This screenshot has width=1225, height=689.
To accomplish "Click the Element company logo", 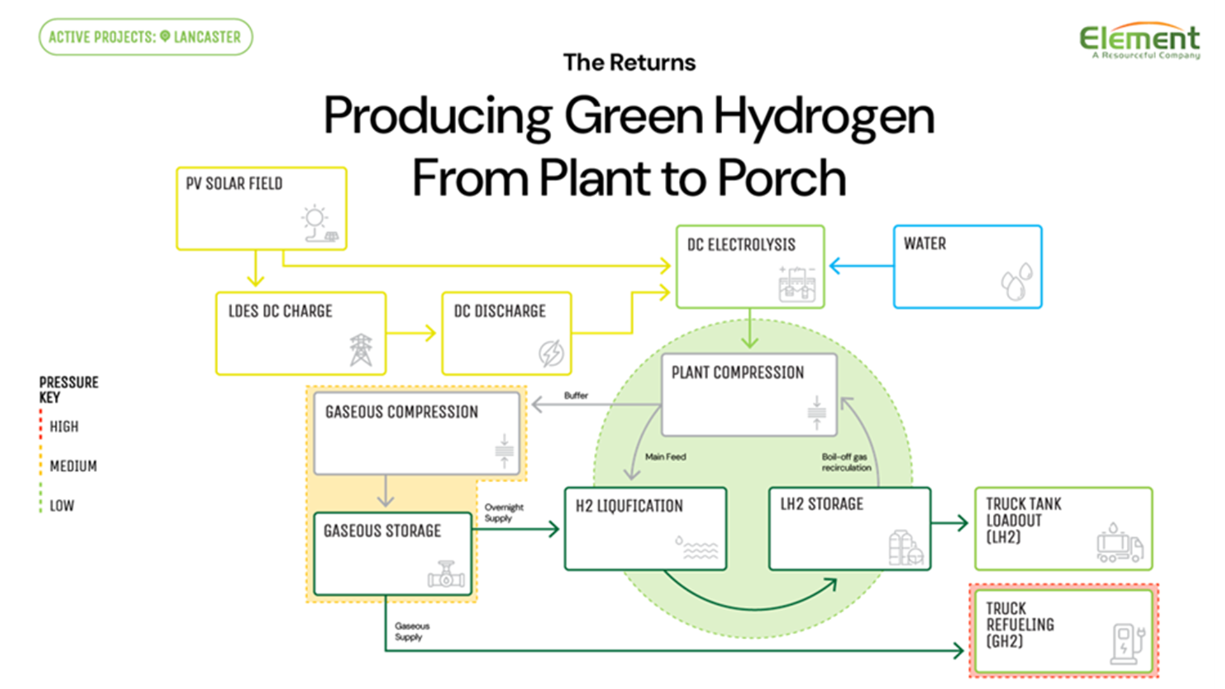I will pos(1139,41).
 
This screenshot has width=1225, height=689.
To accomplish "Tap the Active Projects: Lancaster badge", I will pos(145,37).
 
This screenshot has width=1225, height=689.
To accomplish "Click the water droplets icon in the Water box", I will pos(1016,281).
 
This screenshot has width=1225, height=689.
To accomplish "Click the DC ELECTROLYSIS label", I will pos(741,245).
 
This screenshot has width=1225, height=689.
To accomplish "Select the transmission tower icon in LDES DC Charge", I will pos(360,350).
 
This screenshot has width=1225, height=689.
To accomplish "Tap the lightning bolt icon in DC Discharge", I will pos(551,352).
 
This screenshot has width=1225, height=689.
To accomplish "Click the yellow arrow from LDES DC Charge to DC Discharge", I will pos(412,332).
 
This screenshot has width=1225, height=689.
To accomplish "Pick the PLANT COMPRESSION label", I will pos(737,373).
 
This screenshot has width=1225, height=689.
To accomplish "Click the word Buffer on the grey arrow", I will pos(575,396).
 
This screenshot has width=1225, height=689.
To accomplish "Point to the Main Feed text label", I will pos(665,457).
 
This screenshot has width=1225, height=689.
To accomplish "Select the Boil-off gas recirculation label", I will pos(845,462).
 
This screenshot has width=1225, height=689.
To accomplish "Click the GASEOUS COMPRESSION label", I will pos(401,412).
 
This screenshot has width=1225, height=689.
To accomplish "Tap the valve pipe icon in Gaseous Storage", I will pos(446,575).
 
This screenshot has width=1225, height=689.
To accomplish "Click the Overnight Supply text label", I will pos(503,512).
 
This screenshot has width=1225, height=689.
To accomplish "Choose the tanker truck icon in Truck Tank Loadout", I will pos(1119,544).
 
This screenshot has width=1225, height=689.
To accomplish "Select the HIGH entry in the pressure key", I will pos(64,427).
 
